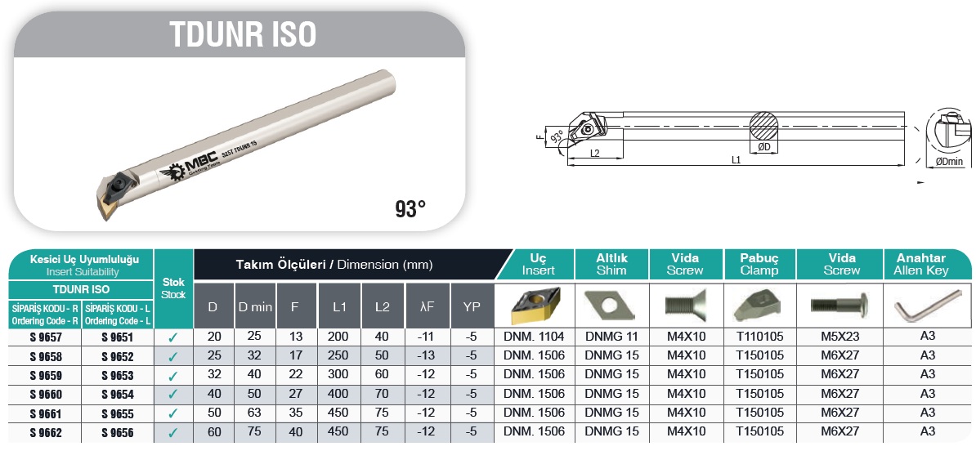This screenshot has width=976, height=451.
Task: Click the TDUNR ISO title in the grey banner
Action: coord(243,35)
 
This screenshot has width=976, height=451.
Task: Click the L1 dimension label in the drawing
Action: coord(736,160)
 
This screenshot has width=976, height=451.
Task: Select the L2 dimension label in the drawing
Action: coord(594,153)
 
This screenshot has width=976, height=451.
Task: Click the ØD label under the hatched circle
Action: coord(764,147)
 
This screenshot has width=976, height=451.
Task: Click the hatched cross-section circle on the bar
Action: coord(763,126)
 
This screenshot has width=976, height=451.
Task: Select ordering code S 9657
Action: coord(46,337)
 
